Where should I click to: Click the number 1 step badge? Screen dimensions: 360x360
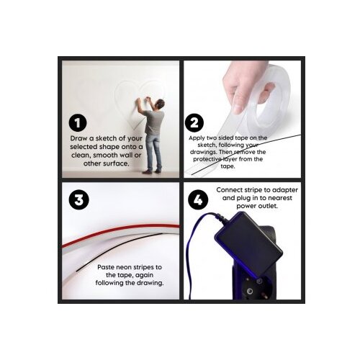click(x=78, y=123)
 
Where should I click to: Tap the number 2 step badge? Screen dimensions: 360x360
click(x=194, y=122)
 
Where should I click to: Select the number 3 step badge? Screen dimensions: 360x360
click(x=79, y=200)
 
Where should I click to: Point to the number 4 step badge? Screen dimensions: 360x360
click(x=198, y=199)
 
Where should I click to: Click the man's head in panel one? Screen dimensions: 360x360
click(x=159, y=104)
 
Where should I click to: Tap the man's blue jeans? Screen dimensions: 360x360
click(x=153, y=152)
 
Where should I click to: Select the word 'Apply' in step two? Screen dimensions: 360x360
click(x=196, y=138)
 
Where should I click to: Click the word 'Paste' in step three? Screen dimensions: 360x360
click(x=106, y=267)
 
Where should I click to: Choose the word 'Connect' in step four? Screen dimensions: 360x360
click(x=229, y=190)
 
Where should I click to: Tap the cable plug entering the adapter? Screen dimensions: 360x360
click(x=219, y=217)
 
